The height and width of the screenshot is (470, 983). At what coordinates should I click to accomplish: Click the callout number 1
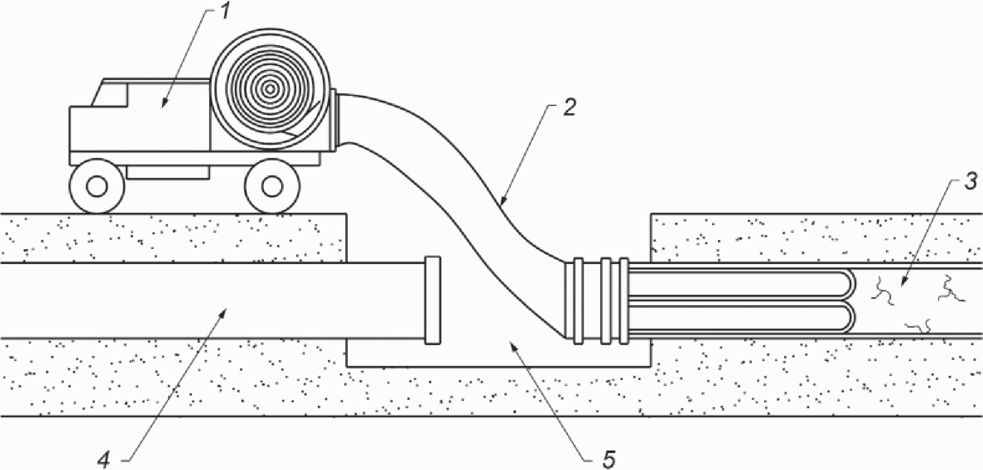click(x=224, y=12)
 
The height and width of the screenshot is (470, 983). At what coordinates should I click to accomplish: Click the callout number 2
click(x=569, y=108)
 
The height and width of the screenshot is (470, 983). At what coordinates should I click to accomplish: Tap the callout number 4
click(x=104, y=459)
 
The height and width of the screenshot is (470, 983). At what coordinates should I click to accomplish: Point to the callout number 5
click(x=609, y=459)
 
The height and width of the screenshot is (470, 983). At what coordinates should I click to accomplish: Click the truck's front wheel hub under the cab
click(x=97, y=186)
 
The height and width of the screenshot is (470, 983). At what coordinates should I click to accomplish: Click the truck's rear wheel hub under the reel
click(x=272, y=186)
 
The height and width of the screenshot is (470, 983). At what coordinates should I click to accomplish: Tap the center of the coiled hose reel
click(x=270, y=90)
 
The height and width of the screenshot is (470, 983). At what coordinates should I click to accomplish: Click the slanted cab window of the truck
click(x=110, y=94)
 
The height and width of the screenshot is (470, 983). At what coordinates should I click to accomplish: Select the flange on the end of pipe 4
click(x=432, y=301)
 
